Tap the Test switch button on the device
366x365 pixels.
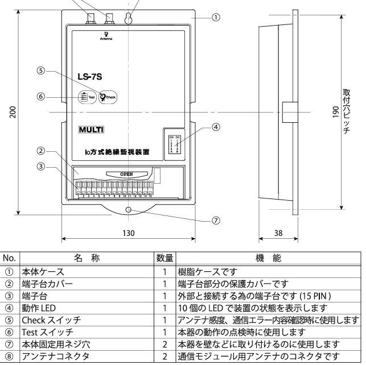click(x=83, y=97)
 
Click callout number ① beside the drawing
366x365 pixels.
click(x=215, y=18)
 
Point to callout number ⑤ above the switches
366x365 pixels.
click(x=40, y=71)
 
